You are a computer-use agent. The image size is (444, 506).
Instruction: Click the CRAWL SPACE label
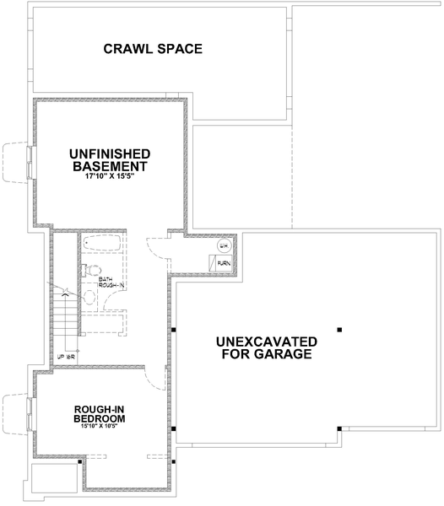(x=153, y=49)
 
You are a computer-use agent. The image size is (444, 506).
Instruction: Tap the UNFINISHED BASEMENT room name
(x=110, y=160)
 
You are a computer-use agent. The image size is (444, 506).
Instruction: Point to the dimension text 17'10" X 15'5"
(x=110, y=178)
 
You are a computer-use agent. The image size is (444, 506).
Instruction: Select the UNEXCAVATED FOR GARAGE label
(x=267, y=347)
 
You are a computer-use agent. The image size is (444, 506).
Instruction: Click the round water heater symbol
(x=224, y=245)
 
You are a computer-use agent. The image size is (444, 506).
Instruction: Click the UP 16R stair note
(x=66, y=357)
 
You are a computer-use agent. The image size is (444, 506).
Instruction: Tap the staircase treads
(x=65, y=320)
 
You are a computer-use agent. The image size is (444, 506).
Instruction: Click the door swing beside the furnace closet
(x=157, y=249)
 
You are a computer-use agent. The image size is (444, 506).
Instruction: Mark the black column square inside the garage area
(x=339, y=329)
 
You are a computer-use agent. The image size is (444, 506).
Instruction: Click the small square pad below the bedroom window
(x=55, y=480)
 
